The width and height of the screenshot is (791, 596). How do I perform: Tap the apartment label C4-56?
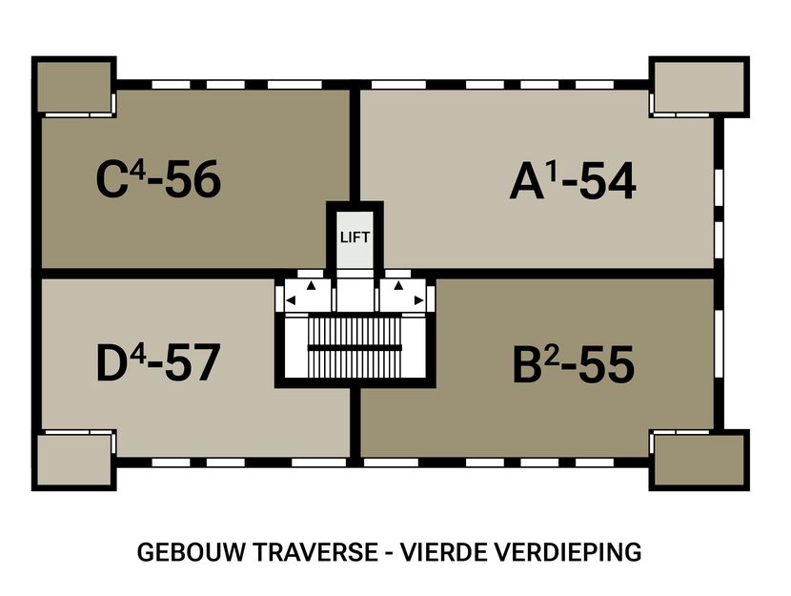click(x=158, y=179)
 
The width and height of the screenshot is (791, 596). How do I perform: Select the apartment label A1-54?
click(x=572, y=181)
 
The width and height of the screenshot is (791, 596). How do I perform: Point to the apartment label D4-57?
click(x=158, y=362)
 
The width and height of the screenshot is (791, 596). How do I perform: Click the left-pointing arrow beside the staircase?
click(x=292, y=300)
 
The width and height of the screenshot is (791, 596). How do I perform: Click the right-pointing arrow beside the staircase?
click(x=418, y=300)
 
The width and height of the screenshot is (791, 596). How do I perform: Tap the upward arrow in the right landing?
click(x=399, y=285)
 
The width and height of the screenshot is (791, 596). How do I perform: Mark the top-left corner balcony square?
click(x=74, y=88)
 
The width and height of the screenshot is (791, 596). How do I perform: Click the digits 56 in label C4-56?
click(x=193, y=179)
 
